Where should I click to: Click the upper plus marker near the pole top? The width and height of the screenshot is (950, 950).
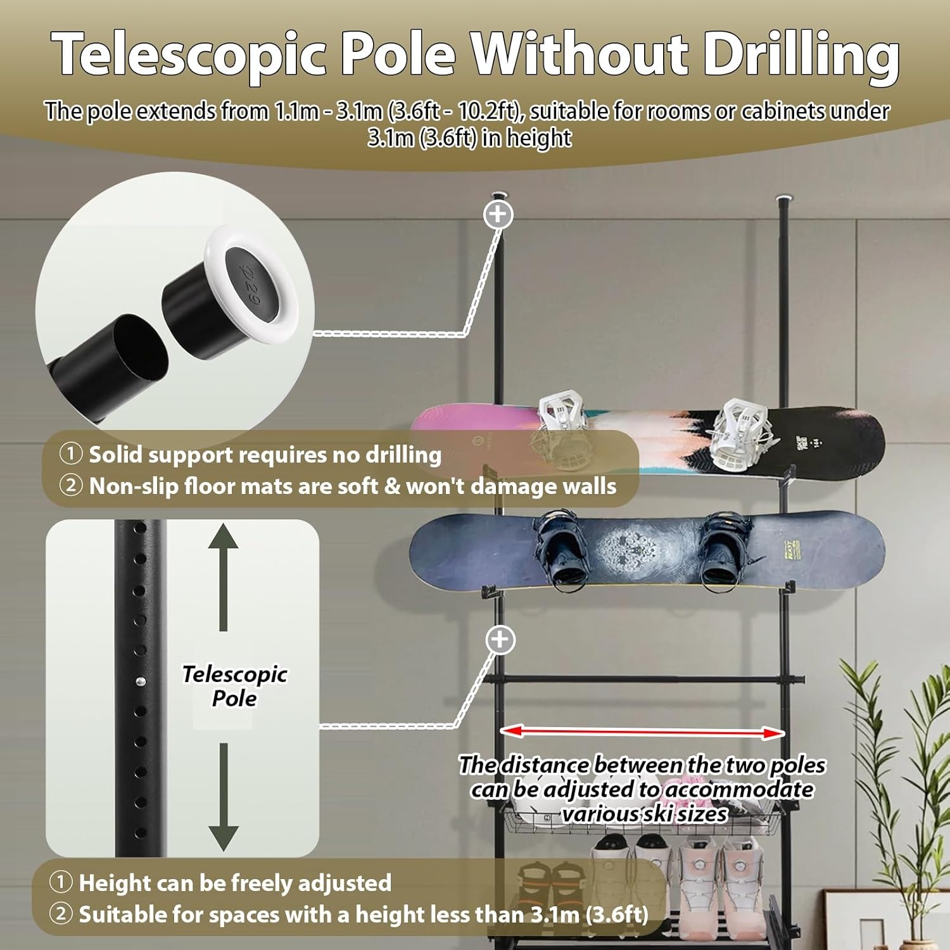498,214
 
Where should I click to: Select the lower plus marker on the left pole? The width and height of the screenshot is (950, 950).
500,640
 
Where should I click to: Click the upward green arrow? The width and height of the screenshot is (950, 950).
224,576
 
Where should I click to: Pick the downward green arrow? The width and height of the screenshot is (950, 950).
224,798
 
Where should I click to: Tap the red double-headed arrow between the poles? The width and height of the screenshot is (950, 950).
643,732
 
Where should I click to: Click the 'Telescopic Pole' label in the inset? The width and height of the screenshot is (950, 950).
234,686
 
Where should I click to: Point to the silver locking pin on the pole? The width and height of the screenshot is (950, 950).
141,681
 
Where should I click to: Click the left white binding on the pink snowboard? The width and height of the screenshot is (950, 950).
560,421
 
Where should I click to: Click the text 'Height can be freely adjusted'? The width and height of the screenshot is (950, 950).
235,883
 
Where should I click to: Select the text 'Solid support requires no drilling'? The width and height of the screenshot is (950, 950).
265,455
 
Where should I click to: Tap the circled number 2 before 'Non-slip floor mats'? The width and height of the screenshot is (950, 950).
71,486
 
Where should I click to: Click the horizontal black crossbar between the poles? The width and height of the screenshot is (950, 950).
643,680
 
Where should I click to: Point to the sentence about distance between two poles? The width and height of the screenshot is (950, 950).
642,789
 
